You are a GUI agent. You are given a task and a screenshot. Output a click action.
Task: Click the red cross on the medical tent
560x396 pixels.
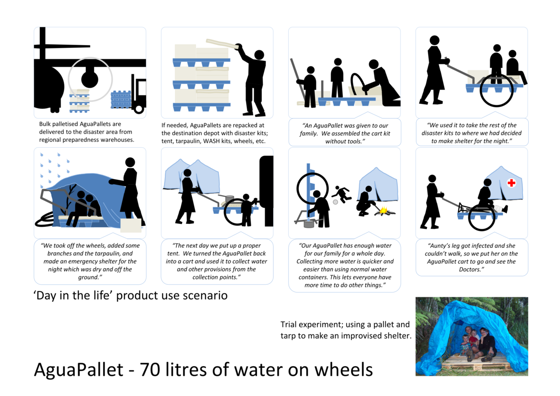coord(512,183)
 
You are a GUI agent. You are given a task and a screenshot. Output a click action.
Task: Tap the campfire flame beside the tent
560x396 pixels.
coord(383,210)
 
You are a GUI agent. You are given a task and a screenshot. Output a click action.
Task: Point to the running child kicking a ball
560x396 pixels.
coord(342,195)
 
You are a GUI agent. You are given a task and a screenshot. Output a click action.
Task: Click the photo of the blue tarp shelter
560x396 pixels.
coord(472,337)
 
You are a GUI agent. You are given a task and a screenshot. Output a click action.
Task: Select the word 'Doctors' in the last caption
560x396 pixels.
coord(470,269)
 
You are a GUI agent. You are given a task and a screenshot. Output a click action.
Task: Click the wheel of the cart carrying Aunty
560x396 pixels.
coord(481,218)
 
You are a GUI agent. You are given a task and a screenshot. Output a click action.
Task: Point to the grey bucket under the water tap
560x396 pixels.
coord(309,223)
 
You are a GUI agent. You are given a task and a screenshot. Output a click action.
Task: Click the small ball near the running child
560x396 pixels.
coord(335,202)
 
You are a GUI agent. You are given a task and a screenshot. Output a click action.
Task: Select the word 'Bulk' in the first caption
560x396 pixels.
coord(45,124)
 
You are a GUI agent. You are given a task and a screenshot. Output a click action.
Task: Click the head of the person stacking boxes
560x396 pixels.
coord(259,55)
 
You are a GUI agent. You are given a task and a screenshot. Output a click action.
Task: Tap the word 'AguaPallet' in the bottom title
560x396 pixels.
coord(79,370)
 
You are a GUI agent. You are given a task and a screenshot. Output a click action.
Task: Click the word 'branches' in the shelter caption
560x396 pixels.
coord(59,254)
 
